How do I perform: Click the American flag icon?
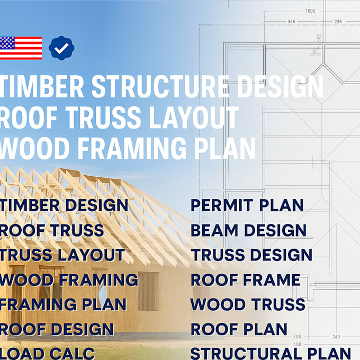pyautogui.click(x=21, y=48)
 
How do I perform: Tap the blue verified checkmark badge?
pyautogui.click(x=61, y=48)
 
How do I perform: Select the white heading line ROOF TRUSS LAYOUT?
pyautogui.click(x=119, y=118)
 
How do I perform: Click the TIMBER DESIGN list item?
pyautogui.click(x=64, y=205)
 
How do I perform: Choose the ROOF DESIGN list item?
pyautogui.click(x=57, y=329)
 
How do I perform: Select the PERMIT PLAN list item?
pyautogui.click(x=247, y=205)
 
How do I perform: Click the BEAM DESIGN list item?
pyautogui.click(x=248, y=230)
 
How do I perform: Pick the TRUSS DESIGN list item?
pyautogui.click(x=251, y=255)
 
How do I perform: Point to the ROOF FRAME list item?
pyautogui.click(x=246, y=280)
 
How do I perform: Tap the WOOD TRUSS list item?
pyautogui.click(x=248, y=304)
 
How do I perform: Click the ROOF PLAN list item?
pyautogui.click(x=239, y=329)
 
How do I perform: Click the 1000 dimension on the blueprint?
pyautogui.click(x=310, y=11)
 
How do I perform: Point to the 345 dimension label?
pyautogui.click(x=291, y=22)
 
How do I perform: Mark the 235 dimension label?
pyautogui.click(x=338, y=22)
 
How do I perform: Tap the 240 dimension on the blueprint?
pyautogui.click(x=336, y=337)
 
